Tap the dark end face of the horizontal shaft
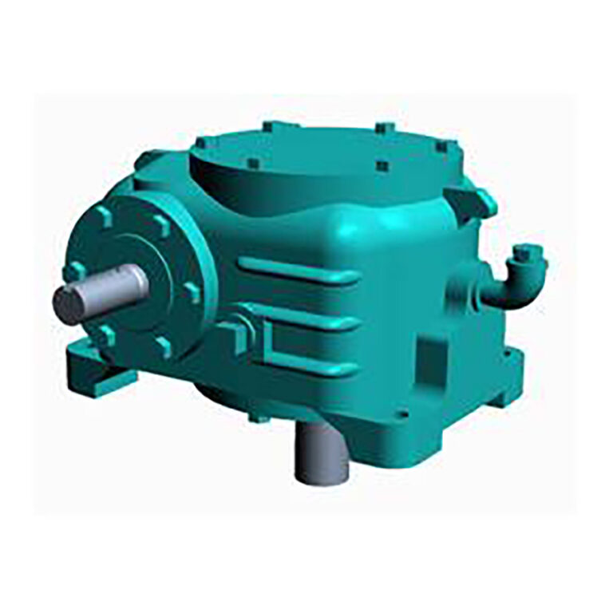pos(68,305)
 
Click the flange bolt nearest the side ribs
pos(192,292)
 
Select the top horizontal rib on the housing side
pos(299,271)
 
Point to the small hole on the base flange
pos(404,414)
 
